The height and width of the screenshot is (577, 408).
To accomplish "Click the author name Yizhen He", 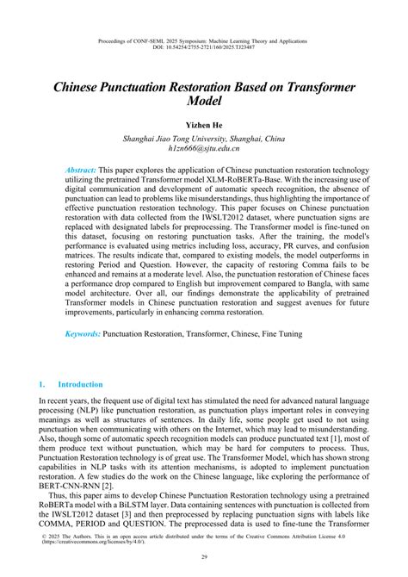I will (x=204, y=125).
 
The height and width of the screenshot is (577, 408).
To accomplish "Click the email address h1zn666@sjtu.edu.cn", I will (x=204, y=149).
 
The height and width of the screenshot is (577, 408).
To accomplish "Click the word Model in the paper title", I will (x=204, y=102).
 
